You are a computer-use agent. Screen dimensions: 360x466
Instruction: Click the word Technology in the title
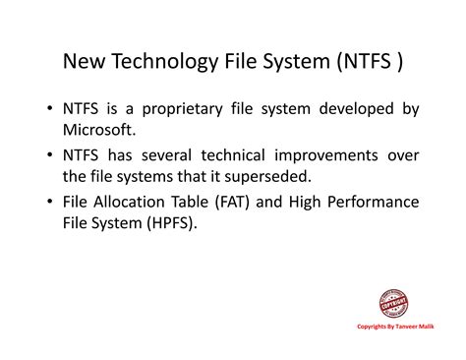click(x=157, y=63)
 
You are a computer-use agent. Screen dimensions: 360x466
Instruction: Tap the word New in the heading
click(x=85, y=62)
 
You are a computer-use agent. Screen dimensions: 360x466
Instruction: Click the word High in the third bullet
click(x=304, y=202)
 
